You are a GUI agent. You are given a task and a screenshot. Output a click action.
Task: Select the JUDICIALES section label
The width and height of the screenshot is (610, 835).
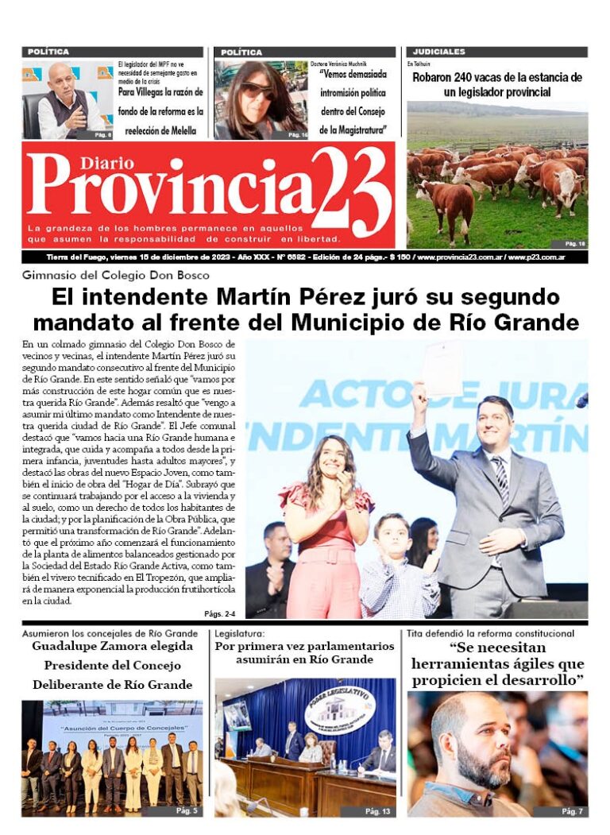(439, 52)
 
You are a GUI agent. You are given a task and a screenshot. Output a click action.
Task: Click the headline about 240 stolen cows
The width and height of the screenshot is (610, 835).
(497, 84)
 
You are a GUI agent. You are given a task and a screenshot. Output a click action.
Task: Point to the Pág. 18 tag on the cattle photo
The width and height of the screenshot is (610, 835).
(574, 244)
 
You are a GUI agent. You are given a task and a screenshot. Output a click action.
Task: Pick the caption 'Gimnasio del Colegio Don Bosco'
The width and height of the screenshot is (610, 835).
(116, 276)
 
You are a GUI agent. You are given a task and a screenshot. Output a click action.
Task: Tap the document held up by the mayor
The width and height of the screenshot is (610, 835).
(442, 368)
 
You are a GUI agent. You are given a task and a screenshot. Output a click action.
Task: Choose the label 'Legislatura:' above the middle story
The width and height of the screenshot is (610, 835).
(241, 633)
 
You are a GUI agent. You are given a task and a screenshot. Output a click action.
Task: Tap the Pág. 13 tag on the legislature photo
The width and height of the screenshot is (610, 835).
(377, 811)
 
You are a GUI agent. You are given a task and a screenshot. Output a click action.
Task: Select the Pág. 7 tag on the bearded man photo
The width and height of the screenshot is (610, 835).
(572, 811)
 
